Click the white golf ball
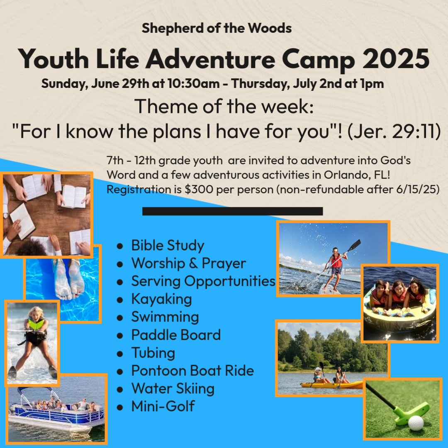point(416,423)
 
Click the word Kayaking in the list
point(161,300)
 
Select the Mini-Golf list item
point(163,406)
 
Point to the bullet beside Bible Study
point(120,246)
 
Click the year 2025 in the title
point(396,59)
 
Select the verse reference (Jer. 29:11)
point(394,131)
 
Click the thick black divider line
point(233,211)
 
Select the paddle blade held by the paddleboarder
point(354,245)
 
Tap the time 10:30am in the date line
point(193,84)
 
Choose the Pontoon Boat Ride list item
point(192,371)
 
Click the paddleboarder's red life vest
point(336,261)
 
